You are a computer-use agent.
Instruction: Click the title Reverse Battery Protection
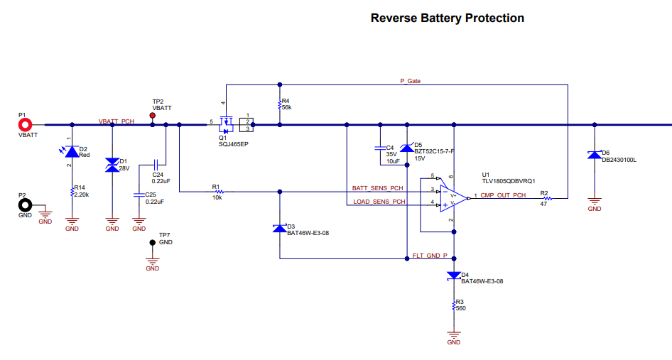pyautogui.click(x=448, y=18)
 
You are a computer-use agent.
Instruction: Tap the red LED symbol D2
pyautogui.click(x=72, y=151)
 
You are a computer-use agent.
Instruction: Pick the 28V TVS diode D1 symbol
pyautogui.click(x=112, y=165)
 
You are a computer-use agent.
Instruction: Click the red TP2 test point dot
pyautogui.click(x=152, y=115)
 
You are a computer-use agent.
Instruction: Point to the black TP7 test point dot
pyautogui.click(x=152, y=243)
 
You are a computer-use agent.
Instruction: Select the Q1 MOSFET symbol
pyautogui.click(x=227, y=125)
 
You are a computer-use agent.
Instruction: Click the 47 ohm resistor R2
pyautogui.click(x=547, y=198)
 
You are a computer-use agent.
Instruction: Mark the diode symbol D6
pyautogui.click(x=594, y=155)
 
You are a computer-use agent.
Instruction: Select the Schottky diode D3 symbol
pyautogui.click(x=279, y=229)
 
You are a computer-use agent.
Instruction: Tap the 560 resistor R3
pyautogui.click(x=453, y=305)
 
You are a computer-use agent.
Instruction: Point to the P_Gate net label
pyautogui.click(x=410, y=82)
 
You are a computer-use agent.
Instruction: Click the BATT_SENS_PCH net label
pyautogui.click(x=378, y=188)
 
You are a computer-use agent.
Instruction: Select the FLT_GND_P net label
pyautogui.click(x=430, y=256)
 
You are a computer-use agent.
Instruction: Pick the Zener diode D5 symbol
pyautogui.click(x=407, y=148)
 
